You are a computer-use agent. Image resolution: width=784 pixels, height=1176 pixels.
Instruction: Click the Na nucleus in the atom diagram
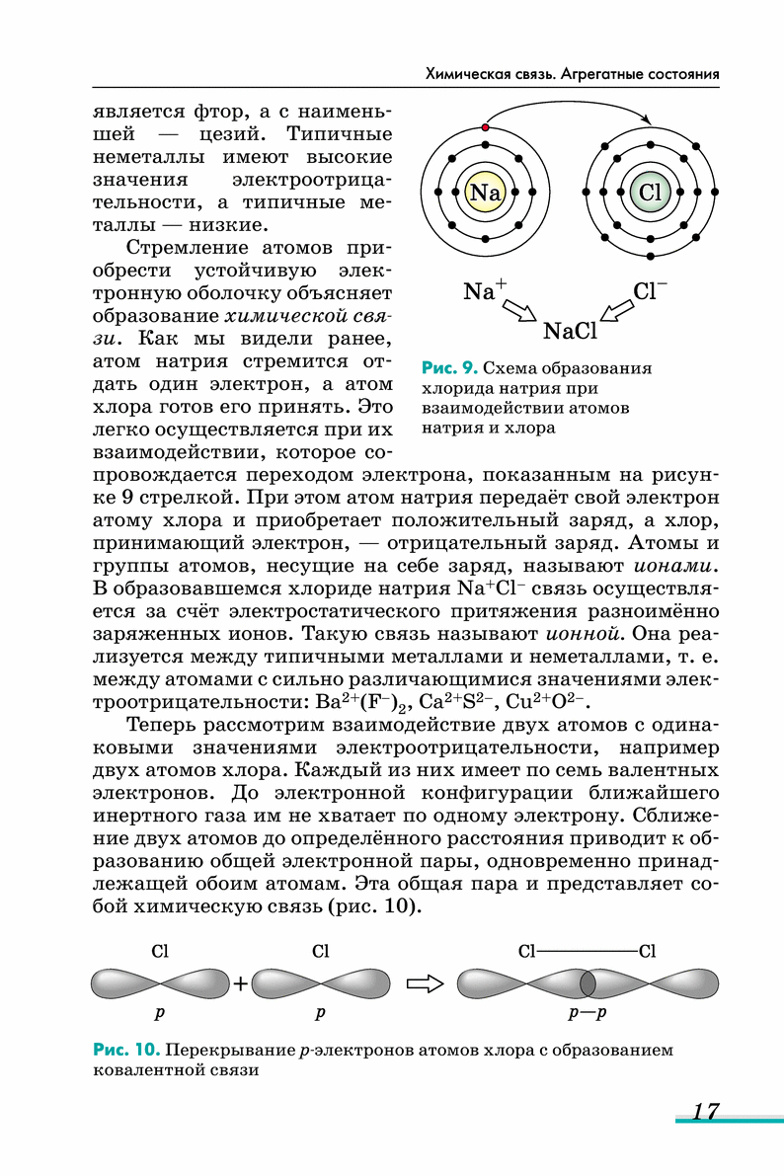485,192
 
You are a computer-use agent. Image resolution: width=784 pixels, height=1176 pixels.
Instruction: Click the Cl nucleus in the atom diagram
649,192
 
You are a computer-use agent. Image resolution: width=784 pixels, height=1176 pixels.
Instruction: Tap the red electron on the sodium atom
485,127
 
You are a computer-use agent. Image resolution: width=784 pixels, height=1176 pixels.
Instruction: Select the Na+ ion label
484,291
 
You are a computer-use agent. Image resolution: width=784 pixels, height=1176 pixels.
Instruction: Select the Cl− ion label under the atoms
650,291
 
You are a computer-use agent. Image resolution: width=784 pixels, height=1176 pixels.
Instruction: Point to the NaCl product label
571,331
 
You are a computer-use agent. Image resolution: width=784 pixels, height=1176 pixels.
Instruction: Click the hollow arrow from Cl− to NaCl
619,311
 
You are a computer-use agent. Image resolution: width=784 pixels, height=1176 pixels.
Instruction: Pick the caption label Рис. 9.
449,368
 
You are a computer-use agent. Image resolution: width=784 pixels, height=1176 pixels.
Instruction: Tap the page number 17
704,1111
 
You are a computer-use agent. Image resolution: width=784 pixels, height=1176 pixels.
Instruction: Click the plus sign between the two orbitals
240,983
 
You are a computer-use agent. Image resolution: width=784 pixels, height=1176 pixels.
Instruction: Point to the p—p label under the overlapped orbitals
587,1013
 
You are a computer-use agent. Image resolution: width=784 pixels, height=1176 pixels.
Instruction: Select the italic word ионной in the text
582,634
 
